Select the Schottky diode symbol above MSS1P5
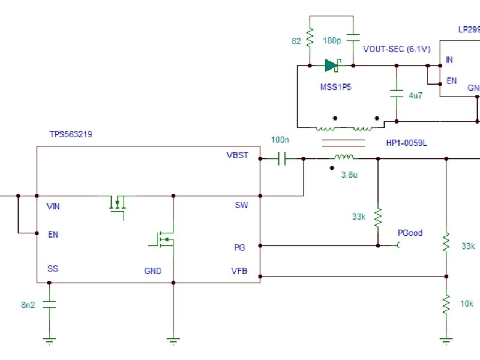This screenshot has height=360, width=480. [332, 65]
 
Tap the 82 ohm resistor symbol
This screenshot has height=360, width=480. [310, 40]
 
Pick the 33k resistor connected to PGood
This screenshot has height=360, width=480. [378, 217]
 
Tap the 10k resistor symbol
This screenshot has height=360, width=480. [446, 304]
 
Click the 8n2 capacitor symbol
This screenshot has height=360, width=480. [49, 305]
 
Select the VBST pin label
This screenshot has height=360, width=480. [238, 155]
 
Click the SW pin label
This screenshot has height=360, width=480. [242, 205]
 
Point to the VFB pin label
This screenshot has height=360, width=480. [240, 271]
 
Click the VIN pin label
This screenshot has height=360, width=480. [53, 206]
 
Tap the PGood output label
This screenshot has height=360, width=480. [410, 233]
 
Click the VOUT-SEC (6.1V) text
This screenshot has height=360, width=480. [397, 49]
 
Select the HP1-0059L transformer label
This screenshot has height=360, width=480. [406, 143]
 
